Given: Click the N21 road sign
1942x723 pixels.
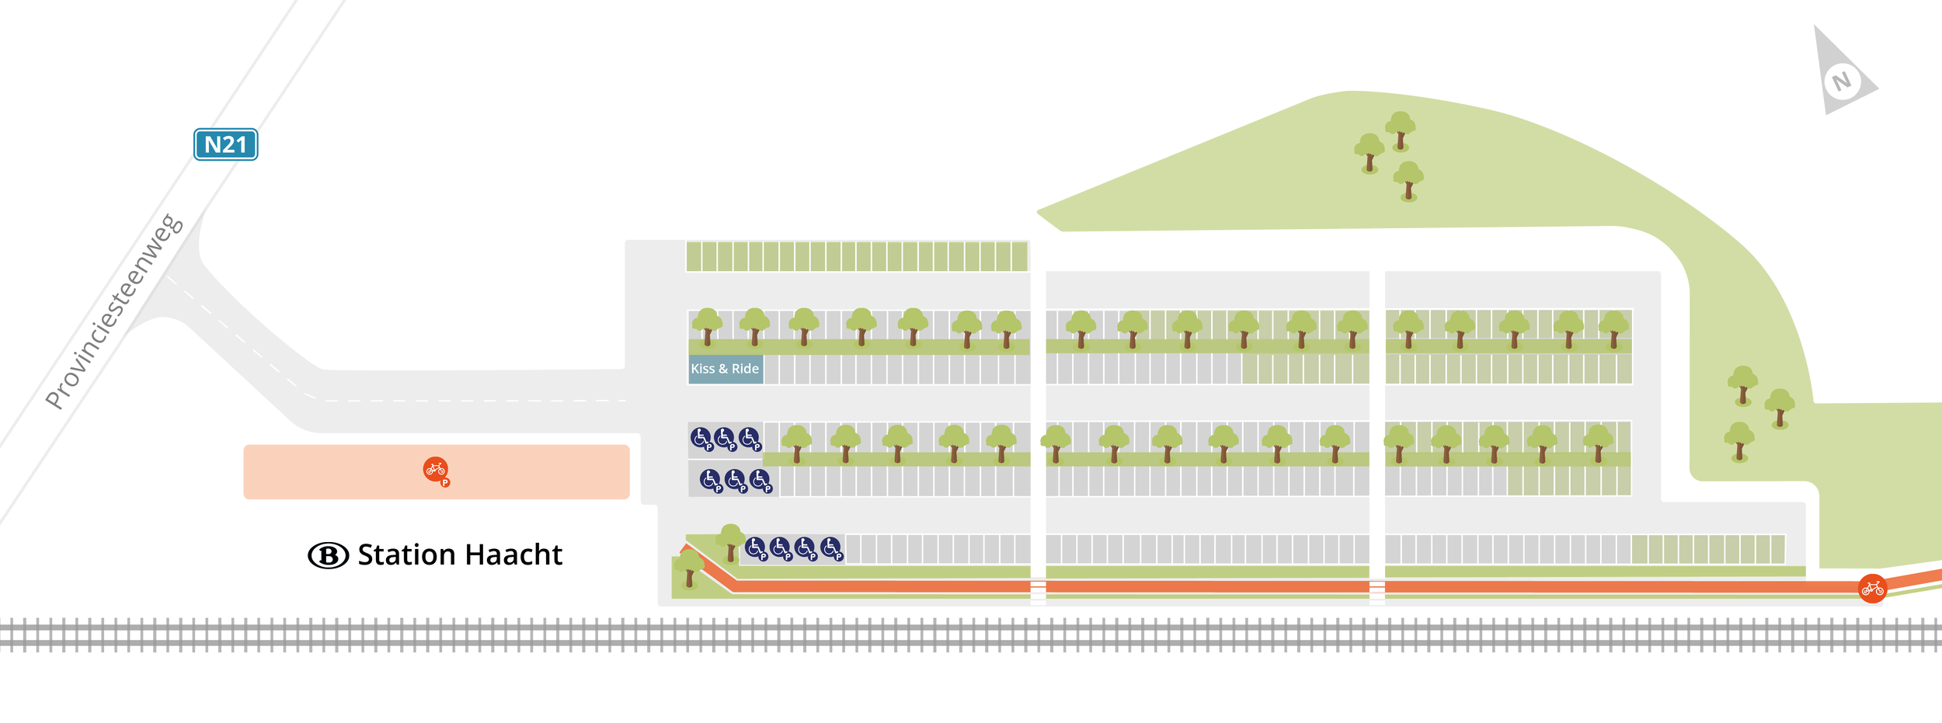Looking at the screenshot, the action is pos(225,144).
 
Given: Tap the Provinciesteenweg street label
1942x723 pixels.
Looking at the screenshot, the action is pos(114,311).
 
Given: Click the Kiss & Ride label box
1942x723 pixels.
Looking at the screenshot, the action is pos(726,369).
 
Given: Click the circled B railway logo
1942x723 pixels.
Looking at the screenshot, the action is pos(329,555).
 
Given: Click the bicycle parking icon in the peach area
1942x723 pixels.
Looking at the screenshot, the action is pos(437,470).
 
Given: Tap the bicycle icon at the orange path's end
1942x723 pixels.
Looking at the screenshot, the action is pos(1872,589).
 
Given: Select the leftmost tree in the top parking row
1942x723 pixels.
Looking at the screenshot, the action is pos(707,326).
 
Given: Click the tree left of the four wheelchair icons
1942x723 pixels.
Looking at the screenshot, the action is pos(729,542).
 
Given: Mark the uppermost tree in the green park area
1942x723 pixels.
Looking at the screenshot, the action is pos(1400,130).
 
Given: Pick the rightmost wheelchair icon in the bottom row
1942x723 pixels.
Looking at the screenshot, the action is pos(832,549).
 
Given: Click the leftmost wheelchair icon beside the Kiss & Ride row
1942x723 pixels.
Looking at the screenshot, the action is pos(701,440).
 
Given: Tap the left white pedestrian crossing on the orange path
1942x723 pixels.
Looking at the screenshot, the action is pos(1038,591).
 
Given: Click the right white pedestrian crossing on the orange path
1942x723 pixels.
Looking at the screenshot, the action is pos(1376,592).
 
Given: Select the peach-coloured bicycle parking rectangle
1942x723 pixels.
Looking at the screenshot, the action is pos(437,471).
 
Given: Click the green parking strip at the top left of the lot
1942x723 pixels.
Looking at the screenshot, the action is pos(857,256).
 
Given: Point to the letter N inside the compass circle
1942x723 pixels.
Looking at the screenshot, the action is pos(1842,82).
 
